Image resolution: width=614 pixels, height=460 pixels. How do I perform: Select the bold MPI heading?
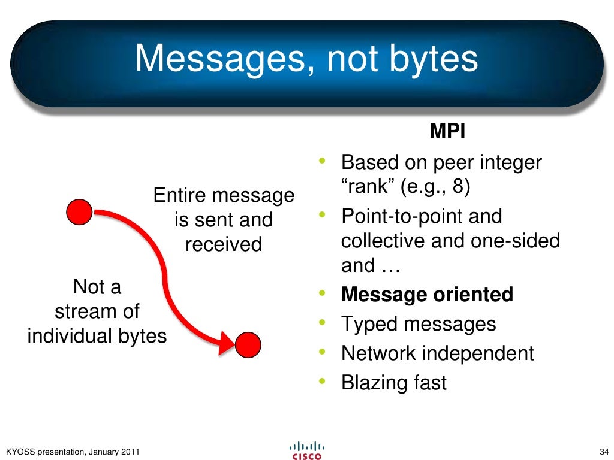(447, 132)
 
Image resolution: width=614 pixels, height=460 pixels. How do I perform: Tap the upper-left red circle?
(79, 213)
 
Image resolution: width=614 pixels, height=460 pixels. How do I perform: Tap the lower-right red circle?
(248, 345)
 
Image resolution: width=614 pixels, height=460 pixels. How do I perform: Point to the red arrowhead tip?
(234, 342)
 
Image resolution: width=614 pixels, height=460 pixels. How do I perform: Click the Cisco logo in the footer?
(307, 451)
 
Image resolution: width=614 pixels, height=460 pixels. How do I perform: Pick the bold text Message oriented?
(427, 295)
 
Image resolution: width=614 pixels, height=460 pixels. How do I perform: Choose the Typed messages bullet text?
(419, 324)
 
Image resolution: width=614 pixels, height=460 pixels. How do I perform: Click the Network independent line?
(437, 353)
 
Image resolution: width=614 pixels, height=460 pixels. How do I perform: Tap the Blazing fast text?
(394, 383)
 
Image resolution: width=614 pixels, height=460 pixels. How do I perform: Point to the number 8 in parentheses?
(458, 187)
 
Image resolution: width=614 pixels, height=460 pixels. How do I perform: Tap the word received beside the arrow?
(224, 244)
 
